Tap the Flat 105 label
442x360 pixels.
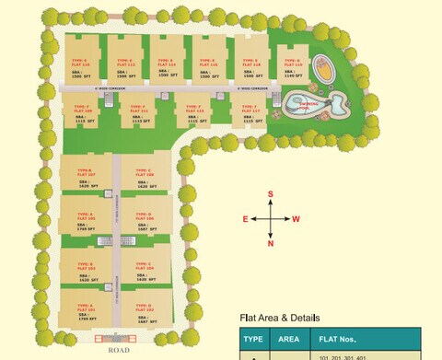click(85, 217)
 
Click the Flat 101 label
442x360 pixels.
click(85, 308)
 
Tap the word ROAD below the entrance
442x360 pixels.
click(117, 350)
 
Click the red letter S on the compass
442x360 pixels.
click(271, 194)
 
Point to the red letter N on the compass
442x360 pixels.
click(271, 243)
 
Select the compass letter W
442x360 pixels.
click(297, 219)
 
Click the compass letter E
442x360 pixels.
click(246, 219)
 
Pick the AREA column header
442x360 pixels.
click(289, 338)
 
